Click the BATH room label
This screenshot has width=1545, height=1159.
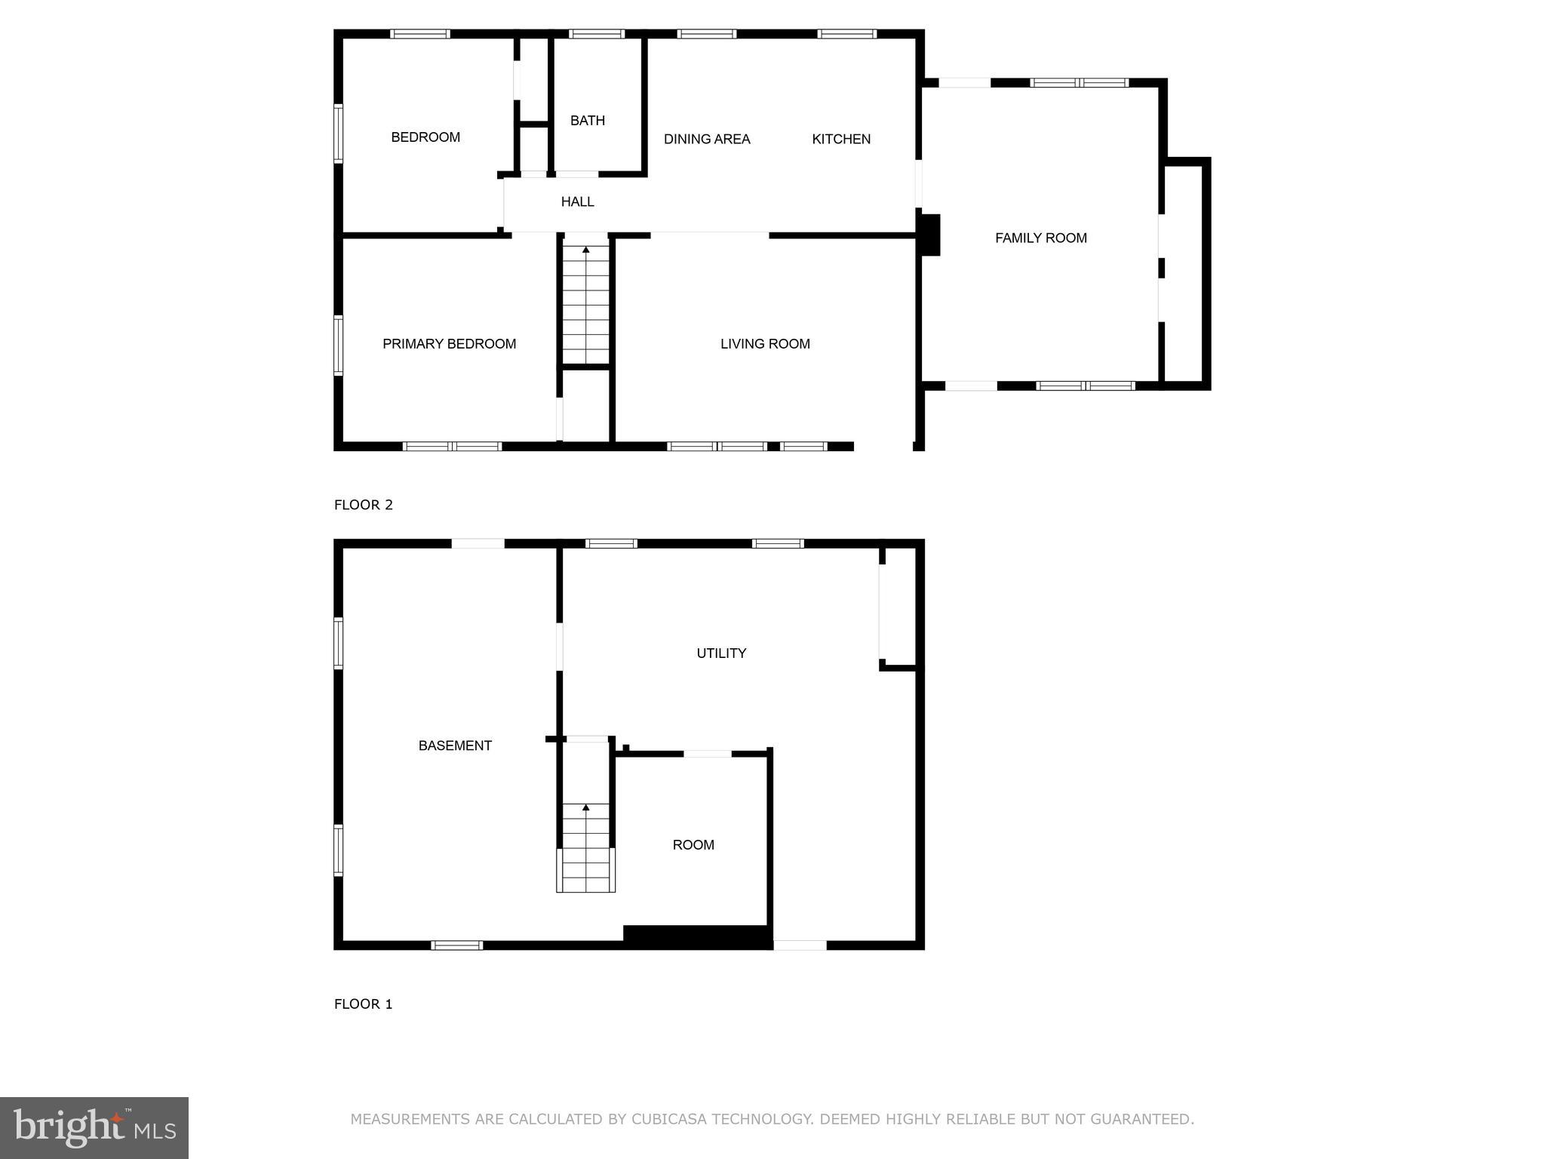[x=587, y=121]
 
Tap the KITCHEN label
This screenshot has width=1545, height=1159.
[x=841, y=139]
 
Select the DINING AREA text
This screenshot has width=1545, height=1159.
[x=707, y=139]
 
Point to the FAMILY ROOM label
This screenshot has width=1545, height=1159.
[x=1040, y=238]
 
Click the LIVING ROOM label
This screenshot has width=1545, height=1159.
[x=765, y=344]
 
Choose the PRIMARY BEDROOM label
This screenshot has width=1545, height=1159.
[x=449, y=344]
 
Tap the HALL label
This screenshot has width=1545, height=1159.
[x=577, y=201]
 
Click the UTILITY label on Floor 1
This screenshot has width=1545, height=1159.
[x=721, y=653]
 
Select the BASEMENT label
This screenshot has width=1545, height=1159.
[x=455, y=746]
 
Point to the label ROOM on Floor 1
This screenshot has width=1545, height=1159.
[x=693, y=845]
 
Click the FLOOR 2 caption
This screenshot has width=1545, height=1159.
[x=364, y=505]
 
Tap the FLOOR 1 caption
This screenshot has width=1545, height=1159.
[x=364, y=1004]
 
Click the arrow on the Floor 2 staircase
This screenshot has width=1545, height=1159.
[x=586, y=249]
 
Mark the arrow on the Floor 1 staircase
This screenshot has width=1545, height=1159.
[x=586, y=807]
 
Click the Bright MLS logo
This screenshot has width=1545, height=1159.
[x=94, y=1127]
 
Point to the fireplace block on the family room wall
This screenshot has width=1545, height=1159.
[x=930, y=235]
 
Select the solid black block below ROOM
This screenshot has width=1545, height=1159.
[x=696, y=936]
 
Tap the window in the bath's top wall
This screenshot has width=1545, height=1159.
[x=596, y=34]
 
